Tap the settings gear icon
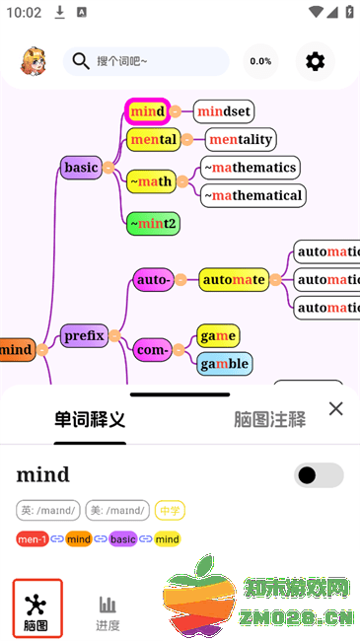315,61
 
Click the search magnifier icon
81,61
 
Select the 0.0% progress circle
260,61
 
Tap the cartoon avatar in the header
34,61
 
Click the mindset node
224,111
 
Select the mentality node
241,139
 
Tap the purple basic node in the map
81,168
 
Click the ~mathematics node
251,168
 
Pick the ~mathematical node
253,195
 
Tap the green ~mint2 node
153,224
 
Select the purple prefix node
84,335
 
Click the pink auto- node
153,280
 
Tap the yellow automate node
234,280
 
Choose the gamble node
223,364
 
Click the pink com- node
152,349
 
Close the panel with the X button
335,408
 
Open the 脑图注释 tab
269,419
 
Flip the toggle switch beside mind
319,475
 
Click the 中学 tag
170,510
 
